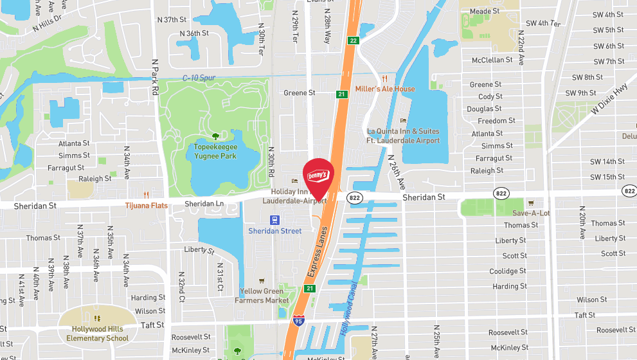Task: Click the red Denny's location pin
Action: click(318, 175)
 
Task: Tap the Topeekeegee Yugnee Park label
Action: click(215, 151)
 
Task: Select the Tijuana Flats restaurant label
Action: click(147, 205)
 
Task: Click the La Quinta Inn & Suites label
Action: click(403, 136)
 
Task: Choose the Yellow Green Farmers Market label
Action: click(262, 296)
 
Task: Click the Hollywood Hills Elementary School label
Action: click(100, 334)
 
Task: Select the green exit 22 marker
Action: click(353, 40)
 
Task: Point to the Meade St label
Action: click(485, 12)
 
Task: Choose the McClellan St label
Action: click(492, 60)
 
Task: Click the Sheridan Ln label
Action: click(204, 203)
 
